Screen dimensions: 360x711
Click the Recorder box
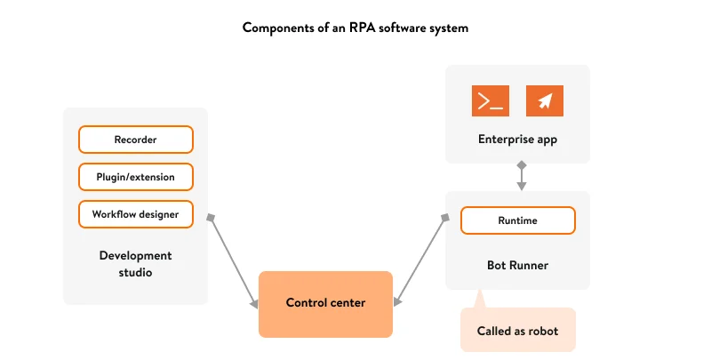click(x=135, y=140)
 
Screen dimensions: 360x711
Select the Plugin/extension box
click(x=135, y=177)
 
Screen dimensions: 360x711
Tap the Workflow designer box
click(x=135, y=214)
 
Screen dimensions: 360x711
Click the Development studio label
click(x=135, y=263)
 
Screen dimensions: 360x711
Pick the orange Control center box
click(x=325, y=303)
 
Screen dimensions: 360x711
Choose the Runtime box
click(x=517, y=220)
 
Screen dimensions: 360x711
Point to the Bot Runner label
click(x=517, y=265)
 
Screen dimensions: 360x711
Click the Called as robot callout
click(x=517, y=331)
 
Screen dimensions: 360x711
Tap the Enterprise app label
click(x=517, y=139)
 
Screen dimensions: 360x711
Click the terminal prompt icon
click(x=490, y=101)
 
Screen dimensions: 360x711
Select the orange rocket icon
click(x=545, y=101)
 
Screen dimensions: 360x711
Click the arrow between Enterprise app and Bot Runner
click(x=522, y=177)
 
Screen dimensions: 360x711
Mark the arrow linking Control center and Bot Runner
click(x=420, y=260)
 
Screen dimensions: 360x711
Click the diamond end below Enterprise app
click(x=522, y=165)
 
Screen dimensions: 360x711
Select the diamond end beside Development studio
click(x=212, y=217)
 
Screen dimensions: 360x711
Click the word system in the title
click(x=447, y=28)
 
